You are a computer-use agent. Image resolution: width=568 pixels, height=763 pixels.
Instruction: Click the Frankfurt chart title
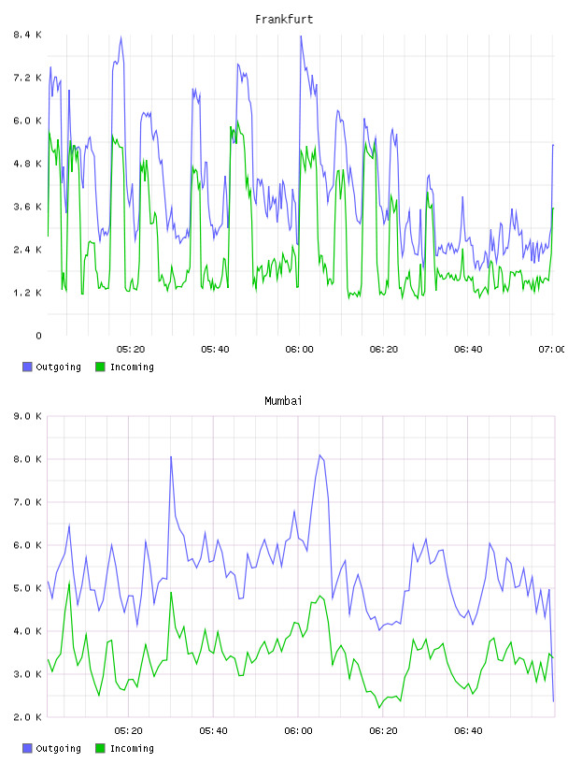pos(284,20)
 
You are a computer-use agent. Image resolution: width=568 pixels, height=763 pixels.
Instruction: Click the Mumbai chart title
pos(283,401)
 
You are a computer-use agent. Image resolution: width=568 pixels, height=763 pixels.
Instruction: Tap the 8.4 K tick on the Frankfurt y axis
pos(27,35)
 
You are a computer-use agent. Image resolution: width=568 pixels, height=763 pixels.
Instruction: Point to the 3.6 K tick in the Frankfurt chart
pos(27,207)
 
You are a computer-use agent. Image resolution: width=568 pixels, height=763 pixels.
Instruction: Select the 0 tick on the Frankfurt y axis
pos(38,336)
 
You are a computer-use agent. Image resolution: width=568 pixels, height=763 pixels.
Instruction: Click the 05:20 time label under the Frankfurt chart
pos(131,349)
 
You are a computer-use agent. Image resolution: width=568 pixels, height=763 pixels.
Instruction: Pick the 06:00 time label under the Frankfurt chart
pos(299,349)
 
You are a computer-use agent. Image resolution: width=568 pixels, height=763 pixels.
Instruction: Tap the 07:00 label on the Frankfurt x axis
pos(551,349)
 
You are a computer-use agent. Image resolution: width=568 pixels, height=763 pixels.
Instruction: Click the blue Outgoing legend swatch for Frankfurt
pos(27,367)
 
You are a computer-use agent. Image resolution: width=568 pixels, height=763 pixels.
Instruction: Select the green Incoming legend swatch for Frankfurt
pos(100,367)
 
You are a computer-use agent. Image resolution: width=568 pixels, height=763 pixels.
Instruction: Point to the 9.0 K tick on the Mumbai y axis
pos(27,416)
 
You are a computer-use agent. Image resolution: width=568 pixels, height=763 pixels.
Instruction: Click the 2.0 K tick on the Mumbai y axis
pos(27,717)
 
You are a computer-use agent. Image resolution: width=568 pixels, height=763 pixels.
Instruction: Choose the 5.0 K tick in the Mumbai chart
pos(27,588)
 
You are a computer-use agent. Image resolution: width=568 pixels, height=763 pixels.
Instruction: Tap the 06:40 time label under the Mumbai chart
pos(468,730)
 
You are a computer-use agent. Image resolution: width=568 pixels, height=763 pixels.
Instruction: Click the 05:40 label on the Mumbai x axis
pos(213,730)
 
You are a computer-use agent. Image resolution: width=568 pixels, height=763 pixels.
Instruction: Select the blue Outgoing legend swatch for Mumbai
pos(27,748)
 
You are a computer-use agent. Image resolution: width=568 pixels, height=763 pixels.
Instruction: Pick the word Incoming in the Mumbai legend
pos(132,748)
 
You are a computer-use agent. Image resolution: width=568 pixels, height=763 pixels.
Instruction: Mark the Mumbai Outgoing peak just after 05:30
pos(171,457)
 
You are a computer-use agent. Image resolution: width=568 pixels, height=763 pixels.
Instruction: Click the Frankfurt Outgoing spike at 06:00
pos(301,36)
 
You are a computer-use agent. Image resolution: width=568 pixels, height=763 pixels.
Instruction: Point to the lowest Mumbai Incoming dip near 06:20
pos(379,707)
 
